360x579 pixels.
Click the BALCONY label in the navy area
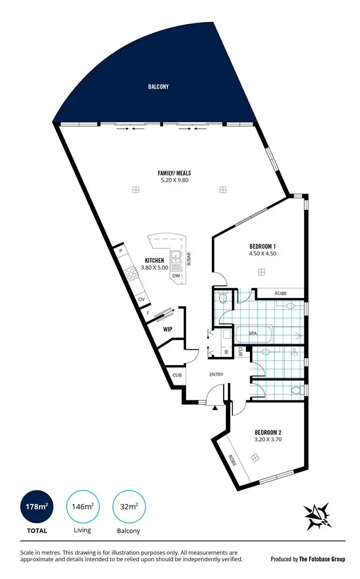click(159, 86)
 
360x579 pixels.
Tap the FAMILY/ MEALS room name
click(174, 173)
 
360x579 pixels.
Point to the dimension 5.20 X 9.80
click(174, 180)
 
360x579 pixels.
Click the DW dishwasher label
click(176, 276)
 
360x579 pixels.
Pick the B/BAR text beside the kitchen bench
click(189, 259)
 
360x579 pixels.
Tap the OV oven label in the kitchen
click(141, 299)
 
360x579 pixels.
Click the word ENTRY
click(216, 374)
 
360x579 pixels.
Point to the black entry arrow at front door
click(216, 408)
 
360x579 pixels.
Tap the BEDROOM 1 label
click(262, 247)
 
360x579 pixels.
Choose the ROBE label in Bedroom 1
click(280, 294)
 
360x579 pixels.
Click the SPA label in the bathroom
click(253, 333)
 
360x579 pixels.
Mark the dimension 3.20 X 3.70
click(268, 439)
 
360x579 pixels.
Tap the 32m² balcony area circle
click(129, 506)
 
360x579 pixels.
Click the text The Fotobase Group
click(322, 559)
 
